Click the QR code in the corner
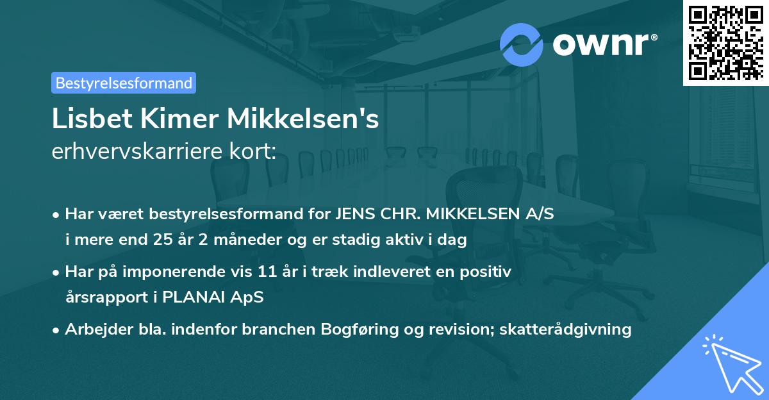(x=725, y=42)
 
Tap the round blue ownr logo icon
(x=522, y=45)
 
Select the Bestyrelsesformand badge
(x=124, y=83)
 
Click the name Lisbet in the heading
(x=85, y=120)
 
